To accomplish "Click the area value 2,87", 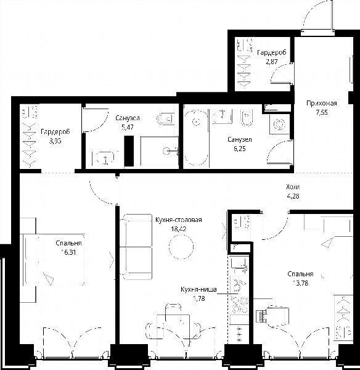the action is pyautogui.click(x=271, y=62).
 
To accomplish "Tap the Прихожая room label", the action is pyautogui.click(x=322, y=103).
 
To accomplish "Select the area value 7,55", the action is pyautogui.click(x=322, y=112).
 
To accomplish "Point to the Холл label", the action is pyautogui.click(x=293, y=187).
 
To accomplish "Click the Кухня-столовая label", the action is pyautogui.click(x=179, y=220).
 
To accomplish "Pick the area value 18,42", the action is pyautogui.click(x=179, y=229).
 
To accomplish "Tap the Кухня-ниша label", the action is pyautogui.click(x=198, y=289).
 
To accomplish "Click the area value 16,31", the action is pyautogui.click(x=68, y=252).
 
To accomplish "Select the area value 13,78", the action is pyautogui.click(x=300, y=283).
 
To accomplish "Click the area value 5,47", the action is pyautogui.click(x=128, y=127).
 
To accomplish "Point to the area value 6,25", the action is pyautogui.click(x=239, y=149).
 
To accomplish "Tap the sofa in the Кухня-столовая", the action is pyautogui.click(x=136, y=247).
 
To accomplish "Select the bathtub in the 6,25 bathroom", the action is pyautogui.click(x=196, y=138).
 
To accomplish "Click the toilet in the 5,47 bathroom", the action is pyautogui.click(x=165, y=118).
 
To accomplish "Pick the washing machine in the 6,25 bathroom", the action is pyautogui.click(x=279, y=124).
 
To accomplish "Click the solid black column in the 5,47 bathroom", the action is pyautogui.click(x=129, y=151).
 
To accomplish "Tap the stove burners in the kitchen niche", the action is pyautogui.click(x=240, y=305).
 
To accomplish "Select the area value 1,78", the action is pyautogui.click(x=199, y=298).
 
